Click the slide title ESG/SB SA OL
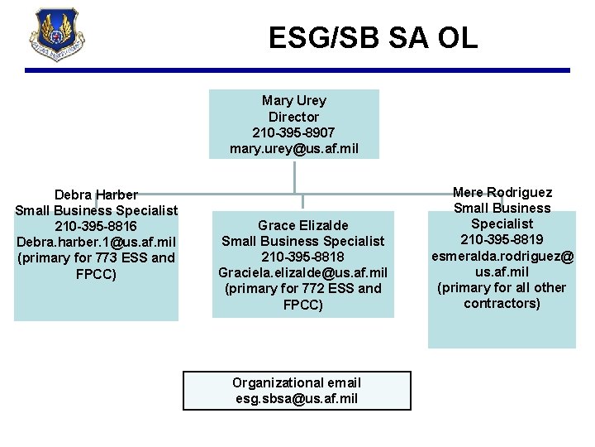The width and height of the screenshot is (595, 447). point(373,37)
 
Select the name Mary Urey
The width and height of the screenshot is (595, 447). point(294,101)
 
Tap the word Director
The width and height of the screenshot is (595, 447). point(293,117)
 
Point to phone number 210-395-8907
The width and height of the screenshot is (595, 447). point(293,132)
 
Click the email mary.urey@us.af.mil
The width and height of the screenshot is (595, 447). point(293,148)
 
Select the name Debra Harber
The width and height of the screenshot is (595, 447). point(96,195)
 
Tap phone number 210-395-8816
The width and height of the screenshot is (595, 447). point(96,226)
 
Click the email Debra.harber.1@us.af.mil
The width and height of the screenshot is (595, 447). point(96,242)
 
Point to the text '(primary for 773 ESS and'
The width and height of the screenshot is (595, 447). point(96,257)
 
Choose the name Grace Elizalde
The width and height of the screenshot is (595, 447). point(303,225)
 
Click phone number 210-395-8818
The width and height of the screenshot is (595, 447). point(303,257)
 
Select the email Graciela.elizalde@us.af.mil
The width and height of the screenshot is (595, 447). point(303,272)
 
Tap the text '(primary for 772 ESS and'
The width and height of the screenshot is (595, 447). point(303,288)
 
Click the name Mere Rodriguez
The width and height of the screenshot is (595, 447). point(502,192)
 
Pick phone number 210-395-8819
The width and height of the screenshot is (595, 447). point(502,239)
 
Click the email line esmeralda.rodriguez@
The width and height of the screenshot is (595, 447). point(502,256)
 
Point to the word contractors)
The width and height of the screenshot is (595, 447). point(502,303)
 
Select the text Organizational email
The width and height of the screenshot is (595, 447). point(297,382)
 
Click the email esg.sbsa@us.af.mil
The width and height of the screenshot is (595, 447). point(297,398)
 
